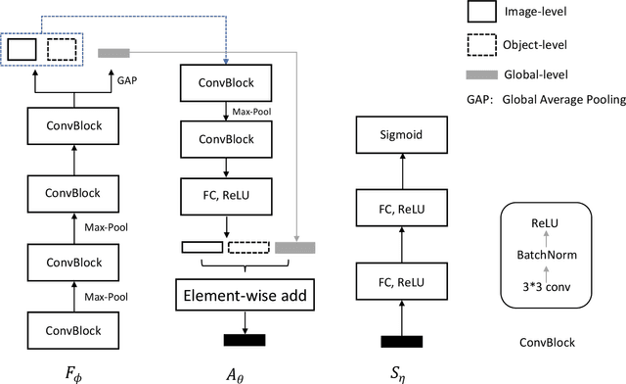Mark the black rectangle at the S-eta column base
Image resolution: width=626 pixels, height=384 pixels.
(x=401, y=341)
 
